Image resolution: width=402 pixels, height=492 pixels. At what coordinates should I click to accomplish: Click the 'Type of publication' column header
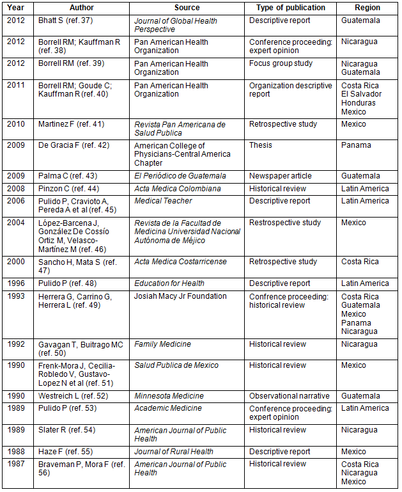pos(291,8)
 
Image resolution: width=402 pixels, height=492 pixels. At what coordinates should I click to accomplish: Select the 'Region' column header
pos(367,8)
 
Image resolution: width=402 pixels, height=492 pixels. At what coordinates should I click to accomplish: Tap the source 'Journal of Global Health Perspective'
pos(175,25)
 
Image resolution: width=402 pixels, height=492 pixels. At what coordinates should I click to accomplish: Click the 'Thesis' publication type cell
pos(260,145)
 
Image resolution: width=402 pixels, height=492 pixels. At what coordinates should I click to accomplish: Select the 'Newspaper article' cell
pos(281,176)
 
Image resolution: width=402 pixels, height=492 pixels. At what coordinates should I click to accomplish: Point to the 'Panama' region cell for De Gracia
pos(356,145)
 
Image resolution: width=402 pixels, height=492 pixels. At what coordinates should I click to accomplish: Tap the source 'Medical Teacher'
pos(163,201)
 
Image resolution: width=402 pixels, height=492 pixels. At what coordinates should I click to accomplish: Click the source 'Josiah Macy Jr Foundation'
pos(180,296)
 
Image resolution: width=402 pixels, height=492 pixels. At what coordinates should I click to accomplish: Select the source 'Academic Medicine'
pos(167,408)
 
